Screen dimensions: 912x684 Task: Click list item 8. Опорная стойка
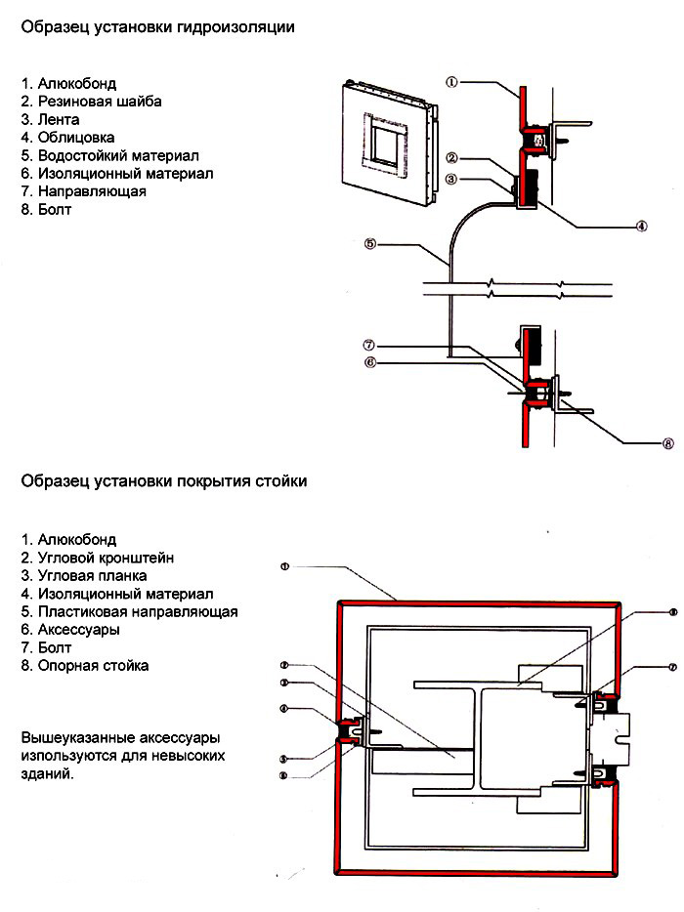(x=84, y=666)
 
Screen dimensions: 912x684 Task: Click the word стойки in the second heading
(x=279, y=480)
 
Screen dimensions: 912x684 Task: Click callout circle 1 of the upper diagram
(x=452, y=83)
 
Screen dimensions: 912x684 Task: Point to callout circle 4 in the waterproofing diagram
(x=642, y=226)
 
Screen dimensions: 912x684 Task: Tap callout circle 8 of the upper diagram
(x=668, y=442)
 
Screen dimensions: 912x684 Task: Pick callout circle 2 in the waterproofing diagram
(x=452, y=158)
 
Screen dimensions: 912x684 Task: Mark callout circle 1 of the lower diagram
(x=283, y=566)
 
